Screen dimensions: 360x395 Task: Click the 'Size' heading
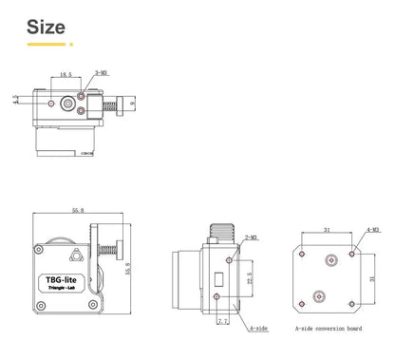click(x=46, y=26)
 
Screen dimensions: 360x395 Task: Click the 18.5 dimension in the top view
click(x=66, y=74)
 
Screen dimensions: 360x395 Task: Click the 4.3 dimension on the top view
click(x=16, y=99)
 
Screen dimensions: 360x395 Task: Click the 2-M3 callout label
click(x=252, y=238)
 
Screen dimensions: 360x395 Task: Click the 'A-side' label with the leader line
click(x=257, y=329)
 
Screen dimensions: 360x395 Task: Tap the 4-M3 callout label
click(x=373, y=230)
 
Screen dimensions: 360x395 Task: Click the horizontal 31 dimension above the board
click(x=328, y=229)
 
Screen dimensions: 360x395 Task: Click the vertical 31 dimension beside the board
click(x=371, y=279)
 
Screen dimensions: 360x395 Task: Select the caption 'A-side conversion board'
click(x=328, y=329)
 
